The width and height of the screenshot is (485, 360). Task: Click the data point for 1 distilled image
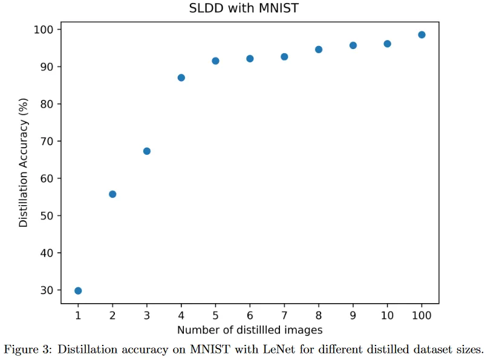(78, 290)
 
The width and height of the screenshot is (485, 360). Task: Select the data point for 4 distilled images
(181, 77)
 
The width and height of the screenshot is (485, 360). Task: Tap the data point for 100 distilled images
(422, 34)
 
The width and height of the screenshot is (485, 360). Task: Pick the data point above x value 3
(147, 151)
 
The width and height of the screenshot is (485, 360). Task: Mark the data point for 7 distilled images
(284, 57)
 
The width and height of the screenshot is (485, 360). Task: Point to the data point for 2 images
(112, 194)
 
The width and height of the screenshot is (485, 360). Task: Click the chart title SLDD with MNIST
(244, 8)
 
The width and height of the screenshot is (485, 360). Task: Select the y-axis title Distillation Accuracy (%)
(24, 163)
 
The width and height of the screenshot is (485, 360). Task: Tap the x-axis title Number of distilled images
(250, 330)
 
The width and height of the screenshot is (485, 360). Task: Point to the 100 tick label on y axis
(44, 30)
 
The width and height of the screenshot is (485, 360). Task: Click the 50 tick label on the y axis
(47, 216)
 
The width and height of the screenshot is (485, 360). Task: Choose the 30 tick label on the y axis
(47, 290)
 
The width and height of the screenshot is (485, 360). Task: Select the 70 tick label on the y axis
(47, 142)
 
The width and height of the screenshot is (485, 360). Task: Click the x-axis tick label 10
(387, 315)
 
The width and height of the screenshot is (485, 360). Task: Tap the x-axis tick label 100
(422, 315)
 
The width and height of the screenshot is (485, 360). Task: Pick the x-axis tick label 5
(216, 315)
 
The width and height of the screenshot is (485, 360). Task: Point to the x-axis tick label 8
(319, 315)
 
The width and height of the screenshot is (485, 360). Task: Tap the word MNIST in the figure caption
(210, 350)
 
